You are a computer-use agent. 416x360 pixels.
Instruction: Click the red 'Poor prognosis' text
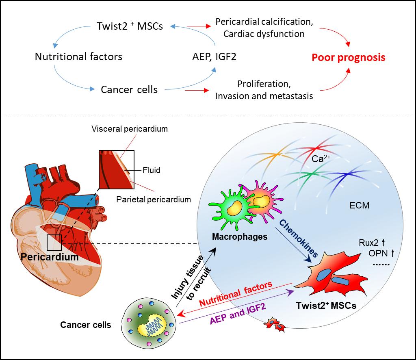point(348,57)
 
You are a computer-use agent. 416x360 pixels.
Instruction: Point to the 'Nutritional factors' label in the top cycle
point(78,56)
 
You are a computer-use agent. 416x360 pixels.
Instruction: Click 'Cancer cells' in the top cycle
point(129,89)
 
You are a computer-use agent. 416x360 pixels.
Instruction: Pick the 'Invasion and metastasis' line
point(264,96)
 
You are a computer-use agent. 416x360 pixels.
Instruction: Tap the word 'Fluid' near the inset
point(152,170)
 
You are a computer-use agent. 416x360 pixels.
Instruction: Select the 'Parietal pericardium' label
point(154,200)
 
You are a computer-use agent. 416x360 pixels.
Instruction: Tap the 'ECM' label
point(360,205)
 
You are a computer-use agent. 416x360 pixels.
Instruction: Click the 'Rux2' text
point(369,243)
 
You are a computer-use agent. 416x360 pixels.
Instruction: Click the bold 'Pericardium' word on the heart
point(50,257)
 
